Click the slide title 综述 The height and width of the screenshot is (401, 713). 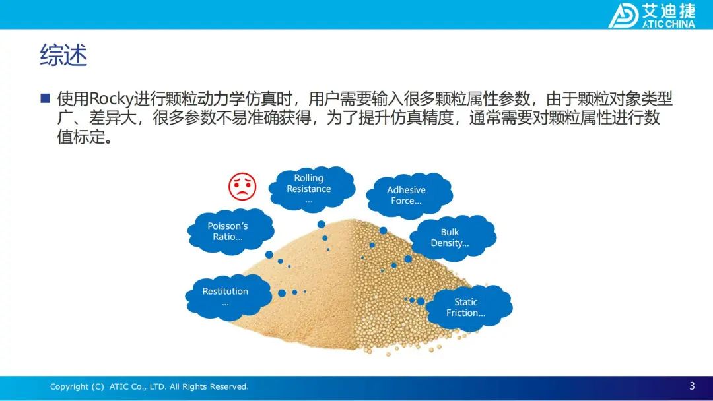click(63, 55)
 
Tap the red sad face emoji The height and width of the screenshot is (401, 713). click(242, 186)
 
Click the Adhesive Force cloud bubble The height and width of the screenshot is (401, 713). click(409, 195)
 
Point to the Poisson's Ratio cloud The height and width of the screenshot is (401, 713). click(230, 231)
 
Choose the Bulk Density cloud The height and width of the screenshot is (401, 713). click(452, 237)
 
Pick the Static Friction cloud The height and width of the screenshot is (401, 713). click(468, 307)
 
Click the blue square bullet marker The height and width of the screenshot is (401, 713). click(45, 98)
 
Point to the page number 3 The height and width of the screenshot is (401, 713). click(692, 386)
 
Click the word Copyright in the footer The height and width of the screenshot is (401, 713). click(69, 387)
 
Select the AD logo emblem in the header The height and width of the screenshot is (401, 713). click(623, 16)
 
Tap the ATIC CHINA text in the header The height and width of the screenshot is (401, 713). click(668, 24)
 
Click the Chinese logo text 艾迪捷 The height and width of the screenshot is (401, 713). click(669, 11)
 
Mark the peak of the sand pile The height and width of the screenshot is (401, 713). click(354, 221)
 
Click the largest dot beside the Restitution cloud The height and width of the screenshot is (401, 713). click(282, 293)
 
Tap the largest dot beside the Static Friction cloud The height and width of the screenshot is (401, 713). click(421, 301)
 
